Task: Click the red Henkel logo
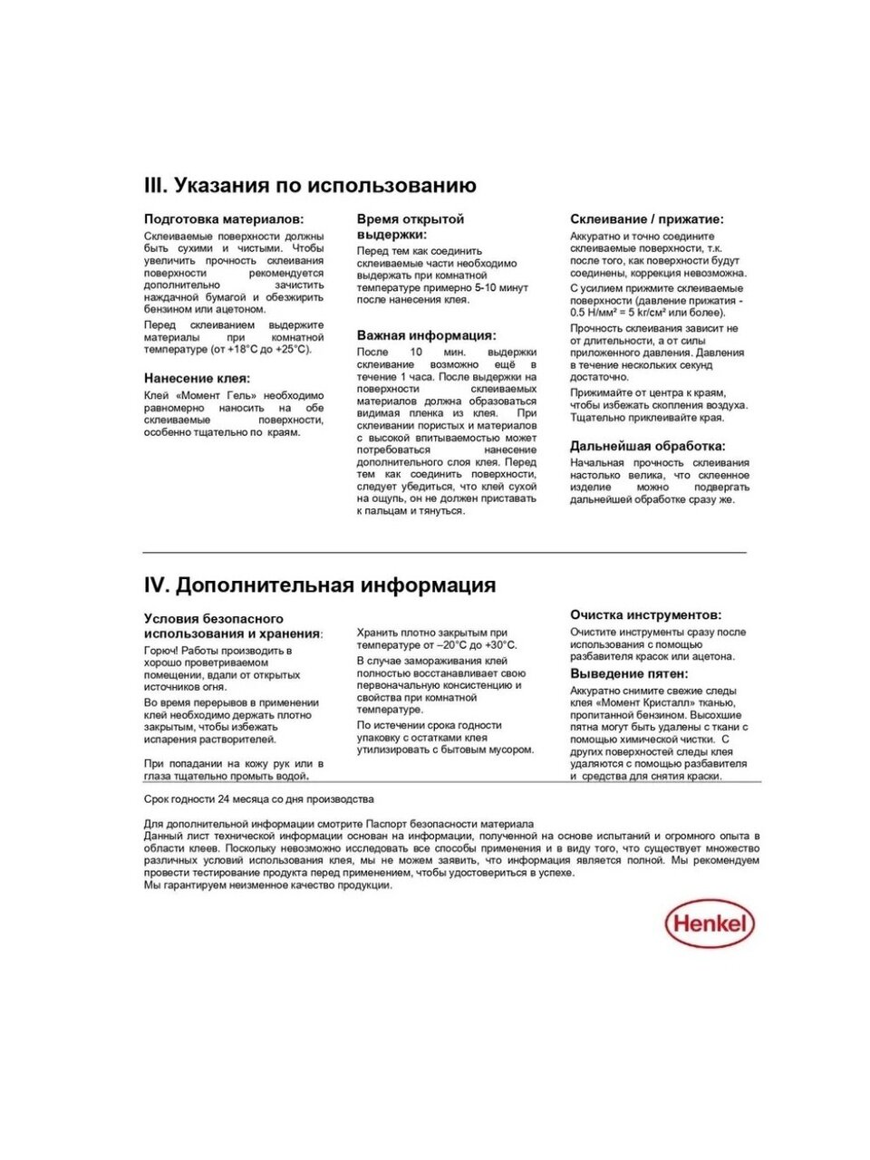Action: tap(710, 924)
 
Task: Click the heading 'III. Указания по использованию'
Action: tap(310, 186)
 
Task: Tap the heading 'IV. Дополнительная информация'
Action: tap(320, 585)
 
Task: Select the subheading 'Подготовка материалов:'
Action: tap(224, 219)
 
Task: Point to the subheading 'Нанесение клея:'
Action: tap(197, 379)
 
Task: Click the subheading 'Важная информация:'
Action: tap(426, 335)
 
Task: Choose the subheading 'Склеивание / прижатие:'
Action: tap(646, 219)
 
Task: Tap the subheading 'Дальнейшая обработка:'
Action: tap(647, 446)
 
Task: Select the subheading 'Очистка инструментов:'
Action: tap(645, 615)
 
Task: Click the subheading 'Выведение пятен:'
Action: tap(629, 674)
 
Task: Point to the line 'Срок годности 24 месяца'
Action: tap(258, 799)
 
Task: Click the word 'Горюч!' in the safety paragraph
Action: tap(160, 651)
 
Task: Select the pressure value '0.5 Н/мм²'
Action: tap(602, 313)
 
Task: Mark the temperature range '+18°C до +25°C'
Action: tap(263, 349)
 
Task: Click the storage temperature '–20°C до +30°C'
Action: tap(475, 645)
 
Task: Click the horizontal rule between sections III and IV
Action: tap(444, 552)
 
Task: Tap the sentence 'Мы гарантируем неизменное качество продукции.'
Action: tap(267, 885)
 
